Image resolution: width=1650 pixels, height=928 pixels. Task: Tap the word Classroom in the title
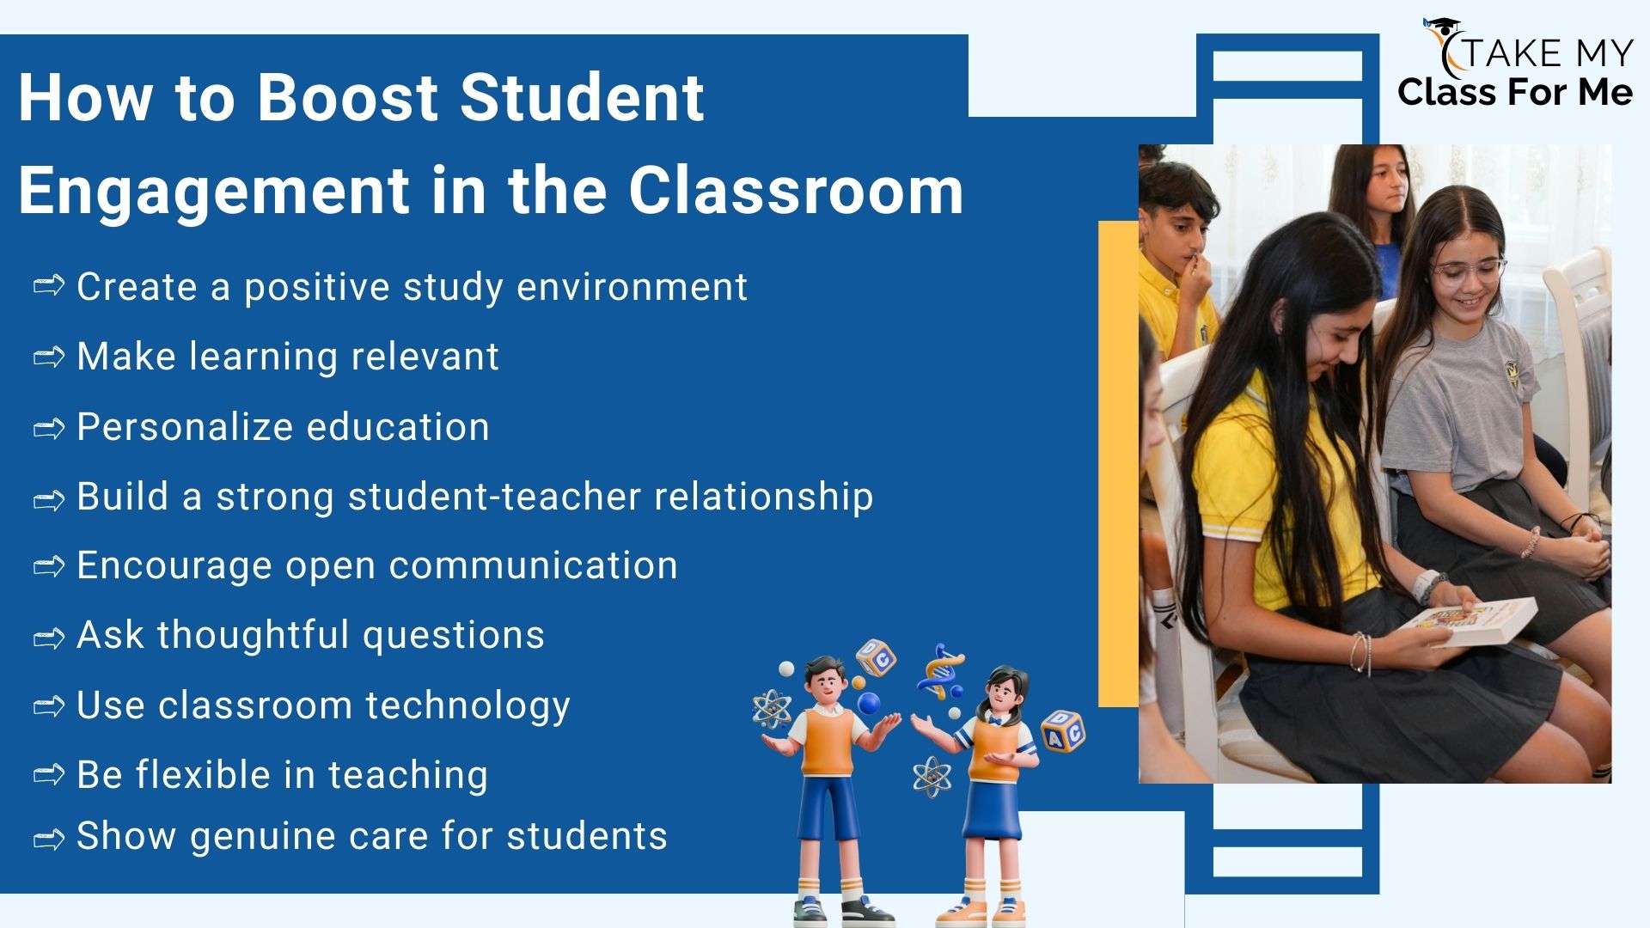point(796,189)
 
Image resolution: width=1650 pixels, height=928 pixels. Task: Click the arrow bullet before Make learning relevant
point(49,356)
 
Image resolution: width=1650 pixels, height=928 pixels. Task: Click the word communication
point(533,565)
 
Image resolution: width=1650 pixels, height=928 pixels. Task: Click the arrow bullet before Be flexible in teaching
point(49,774)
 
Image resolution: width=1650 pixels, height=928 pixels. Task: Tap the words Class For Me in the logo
point(1515,92)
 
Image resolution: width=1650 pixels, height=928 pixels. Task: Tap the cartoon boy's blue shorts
point(829,805)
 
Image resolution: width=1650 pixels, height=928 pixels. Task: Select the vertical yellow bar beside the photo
point(1119,464)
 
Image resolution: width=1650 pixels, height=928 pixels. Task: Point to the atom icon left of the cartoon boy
point(771,710)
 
